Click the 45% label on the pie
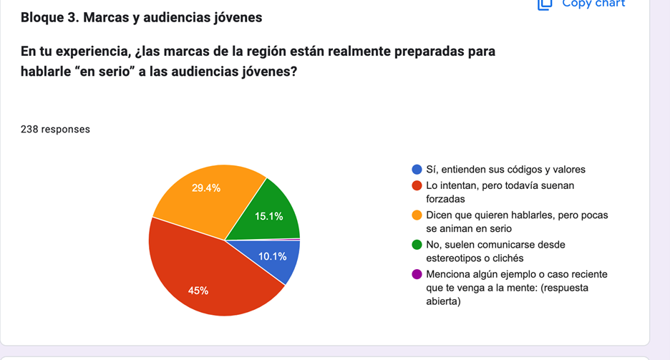pos(198,291)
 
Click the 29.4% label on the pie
pos(206,188)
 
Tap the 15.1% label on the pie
pos(269,216)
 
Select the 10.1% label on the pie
pos(273,256)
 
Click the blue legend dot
pos(417,170)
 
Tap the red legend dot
pos(417,186)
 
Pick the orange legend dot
pos(417,215)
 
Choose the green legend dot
pos(417,245)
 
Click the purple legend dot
pos(417,275)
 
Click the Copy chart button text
pos(593,4)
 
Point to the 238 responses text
pos(55,130)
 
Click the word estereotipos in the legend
pos(455,258)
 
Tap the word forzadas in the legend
pos(445,199)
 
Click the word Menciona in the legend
pos(448,275)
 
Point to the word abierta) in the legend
pos(443,301)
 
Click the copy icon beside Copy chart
pos(545,4)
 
